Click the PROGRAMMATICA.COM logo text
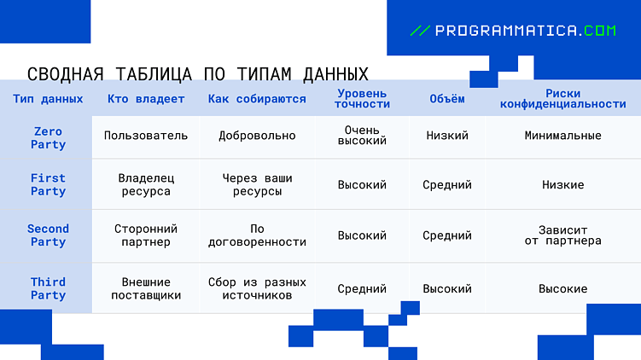(524, 31)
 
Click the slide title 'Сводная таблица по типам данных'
(198, 73)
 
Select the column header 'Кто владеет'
(146, 99)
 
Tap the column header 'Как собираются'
(257, 99)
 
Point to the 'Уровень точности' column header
(362, 99)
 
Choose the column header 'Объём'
(447, 99)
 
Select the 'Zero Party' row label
(48, 138)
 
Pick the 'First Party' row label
(48, 185)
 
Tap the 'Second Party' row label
(48, 235)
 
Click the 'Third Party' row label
(48, 288)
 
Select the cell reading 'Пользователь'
(146, 136)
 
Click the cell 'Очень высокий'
(362, 136)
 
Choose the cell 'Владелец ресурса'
(146, 185)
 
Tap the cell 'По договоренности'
(257, 235)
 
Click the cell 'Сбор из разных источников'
(257, 288)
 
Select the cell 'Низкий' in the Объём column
(447, 136)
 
